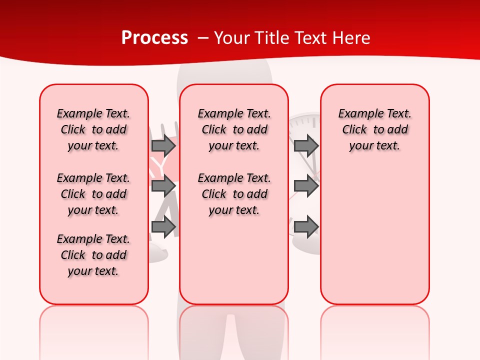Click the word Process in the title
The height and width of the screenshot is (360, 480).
(x=154, y=38)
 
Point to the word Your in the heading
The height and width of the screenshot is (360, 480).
(x=232, y=38)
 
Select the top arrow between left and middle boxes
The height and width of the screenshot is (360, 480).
(x=163, y=146)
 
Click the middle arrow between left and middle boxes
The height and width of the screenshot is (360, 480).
(x=163, y=186)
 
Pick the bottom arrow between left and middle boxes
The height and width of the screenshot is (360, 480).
(x=163, y=227)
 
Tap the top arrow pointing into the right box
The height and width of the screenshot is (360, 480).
(x=306, y=146)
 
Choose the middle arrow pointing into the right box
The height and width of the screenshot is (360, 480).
(x=306, y=186)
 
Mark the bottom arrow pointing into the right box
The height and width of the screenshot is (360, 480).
(x=306, y=227)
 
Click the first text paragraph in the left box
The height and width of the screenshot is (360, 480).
(x=93, y=129)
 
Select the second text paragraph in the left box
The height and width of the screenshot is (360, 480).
(x=93, y=194)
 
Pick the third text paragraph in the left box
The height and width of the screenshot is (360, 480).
(x=93, y=255)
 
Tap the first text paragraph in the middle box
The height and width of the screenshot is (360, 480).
(x=234, y=129)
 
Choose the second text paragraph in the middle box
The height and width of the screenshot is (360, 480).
(x=234, y=194)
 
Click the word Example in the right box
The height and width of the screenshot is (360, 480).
(x=356, y=113)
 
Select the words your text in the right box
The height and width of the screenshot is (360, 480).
(x=374, y=146)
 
